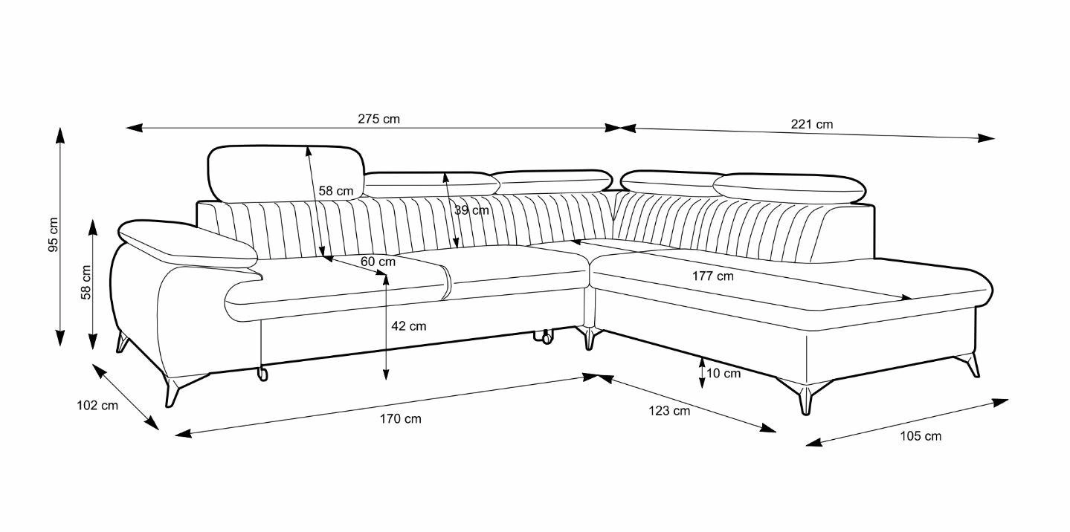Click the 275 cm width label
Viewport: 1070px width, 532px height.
pyautogui.click(x=378, y=119)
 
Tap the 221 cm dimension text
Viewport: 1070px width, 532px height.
pyautogui.click(x=811, y=124)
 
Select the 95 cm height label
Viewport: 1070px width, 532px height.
pyautogui.click(x=54, y=235)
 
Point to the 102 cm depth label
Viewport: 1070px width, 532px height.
pyautogui.click(x=97, y=405)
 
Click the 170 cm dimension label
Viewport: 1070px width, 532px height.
pyautogui.click(x=400, y=419)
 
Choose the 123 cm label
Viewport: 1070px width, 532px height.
pyautogui.click(x=669, y=410)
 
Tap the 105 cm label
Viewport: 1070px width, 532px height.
pyautogui.click(x=921, y=436)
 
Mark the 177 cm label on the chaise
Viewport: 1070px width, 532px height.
pyautogui.click(x=712, y=276)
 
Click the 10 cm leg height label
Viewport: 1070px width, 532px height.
pyautogui.click(x=723, y=373)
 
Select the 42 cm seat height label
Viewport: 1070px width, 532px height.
pyautogui.click(x=408, y=325)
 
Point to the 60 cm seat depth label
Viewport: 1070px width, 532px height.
pyautogui.click(x=378, y=262)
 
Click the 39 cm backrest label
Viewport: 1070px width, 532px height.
pyautogui.click(x=471, y=210)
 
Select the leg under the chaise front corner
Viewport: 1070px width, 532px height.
pyautogui.click(x=805, y=398)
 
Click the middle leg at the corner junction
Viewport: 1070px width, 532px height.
pyautogui.click(x=590, y=339)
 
